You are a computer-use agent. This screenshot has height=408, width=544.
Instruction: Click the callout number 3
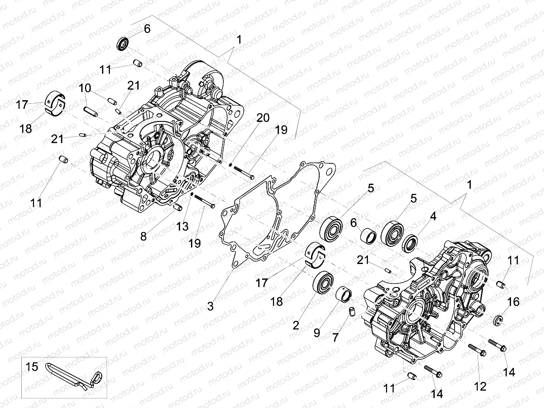[210, 306]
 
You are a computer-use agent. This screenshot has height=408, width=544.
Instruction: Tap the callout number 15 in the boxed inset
[32, 366]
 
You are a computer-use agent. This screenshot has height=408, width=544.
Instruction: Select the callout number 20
[263, 118]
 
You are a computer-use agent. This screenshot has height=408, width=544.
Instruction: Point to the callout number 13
[182, 227]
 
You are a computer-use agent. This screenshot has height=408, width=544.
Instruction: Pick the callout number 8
[144, 236]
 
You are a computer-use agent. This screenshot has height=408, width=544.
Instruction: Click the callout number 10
[85, 88]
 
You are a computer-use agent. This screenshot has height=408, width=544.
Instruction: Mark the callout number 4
[433, 217]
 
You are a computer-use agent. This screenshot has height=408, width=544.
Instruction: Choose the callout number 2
[296, 325]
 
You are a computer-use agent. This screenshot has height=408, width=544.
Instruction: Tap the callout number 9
[317, 333]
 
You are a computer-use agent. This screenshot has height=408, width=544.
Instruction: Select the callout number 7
[335, 338]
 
